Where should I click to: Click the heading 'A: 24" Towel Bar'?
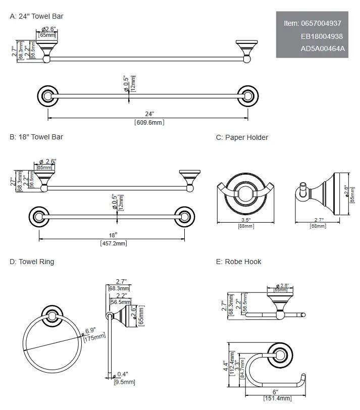click(x=36, y=16)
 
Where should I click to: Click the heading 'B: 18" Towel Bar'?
click(x=36, y=137)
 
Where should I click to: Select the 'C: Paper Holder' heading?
click(x=242, y=137)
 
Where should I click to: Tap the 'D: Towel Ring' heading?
click(x=32, y=262)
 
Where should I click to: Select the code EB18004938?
click(x=322, y=36)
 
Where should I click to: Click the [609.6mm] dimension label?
click(x=149, y=122)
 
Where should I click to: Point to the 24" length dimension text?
click(x=149, y=115)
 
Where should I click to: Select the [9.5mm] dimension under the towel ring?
click(x=124, y=382)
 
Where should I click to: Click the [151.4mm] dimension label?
click(x=275, y=398)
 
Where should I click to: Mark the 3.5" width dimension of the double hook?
click(x=245, y=220)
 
